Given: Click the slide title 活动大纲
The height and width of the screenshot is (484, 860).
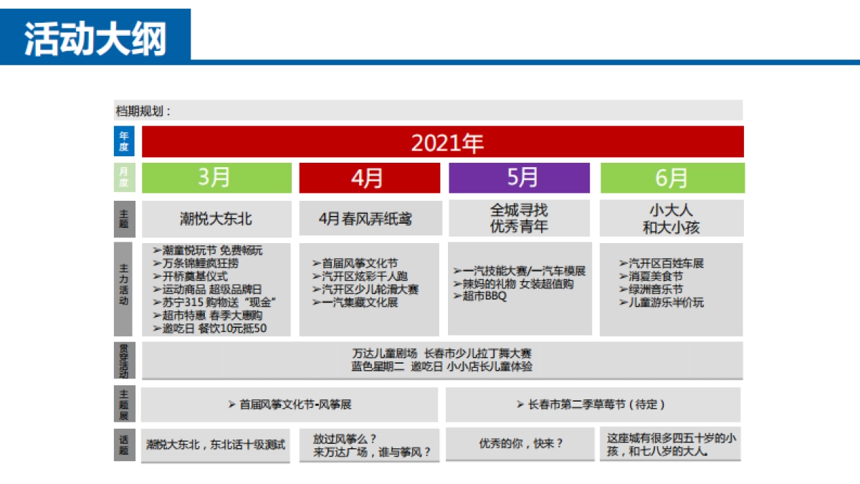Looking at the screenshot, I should [95, 37].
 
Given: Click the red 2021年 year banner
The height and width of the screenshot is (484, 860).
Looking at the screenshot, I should [442, 142].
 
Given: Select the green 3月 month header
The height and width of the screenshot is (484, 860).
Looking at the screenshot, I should [216, 178].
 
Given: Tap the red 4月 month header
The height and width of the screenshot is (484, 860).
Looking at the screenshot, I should [368, 178].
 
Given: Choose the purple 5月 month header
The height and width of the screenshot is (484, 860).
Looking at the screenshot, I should [519, 178].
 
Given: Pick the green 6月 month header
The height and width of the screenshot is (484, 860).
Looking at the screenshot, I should [672, 178].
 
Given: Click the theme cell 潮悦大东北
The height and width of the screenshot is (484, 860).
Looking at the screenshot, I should [216, 219].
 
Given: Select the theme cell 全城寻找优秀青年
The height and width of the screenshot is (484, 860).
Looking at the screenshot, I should [519, 219].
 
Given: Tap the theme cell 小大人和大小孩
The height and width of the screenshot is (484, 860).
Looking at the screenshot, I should [672, 219].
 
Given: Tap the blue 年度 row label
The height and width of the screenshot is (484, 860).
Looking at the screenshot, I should [123, 141].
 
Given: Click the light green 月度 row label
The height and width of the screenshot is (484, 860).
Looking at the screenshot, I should [123, 178].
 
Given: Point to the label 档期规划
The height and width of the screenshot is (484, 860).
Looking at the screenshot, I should [143, 111].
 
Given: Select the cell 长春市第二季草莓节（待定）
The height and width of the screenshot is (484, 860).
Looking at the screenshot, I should [592, 404].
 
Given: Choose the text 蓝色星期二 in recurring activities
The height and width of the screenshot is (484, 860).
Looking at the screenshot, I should [378, 366].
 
